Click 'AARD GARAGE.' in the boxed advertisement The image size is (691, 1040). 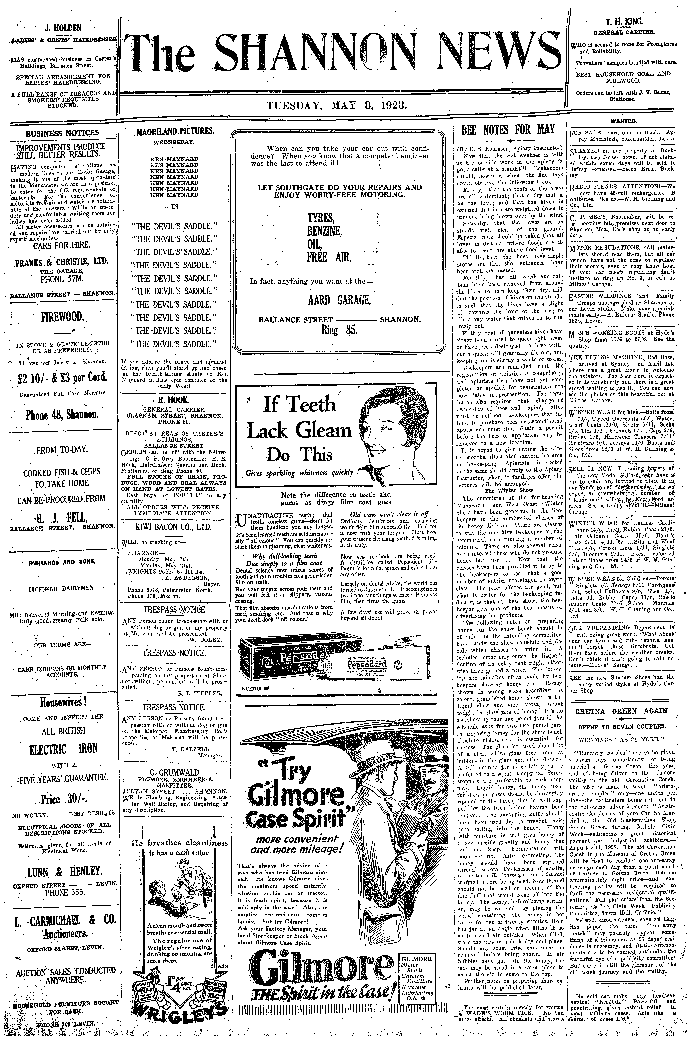pos(339,300)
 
